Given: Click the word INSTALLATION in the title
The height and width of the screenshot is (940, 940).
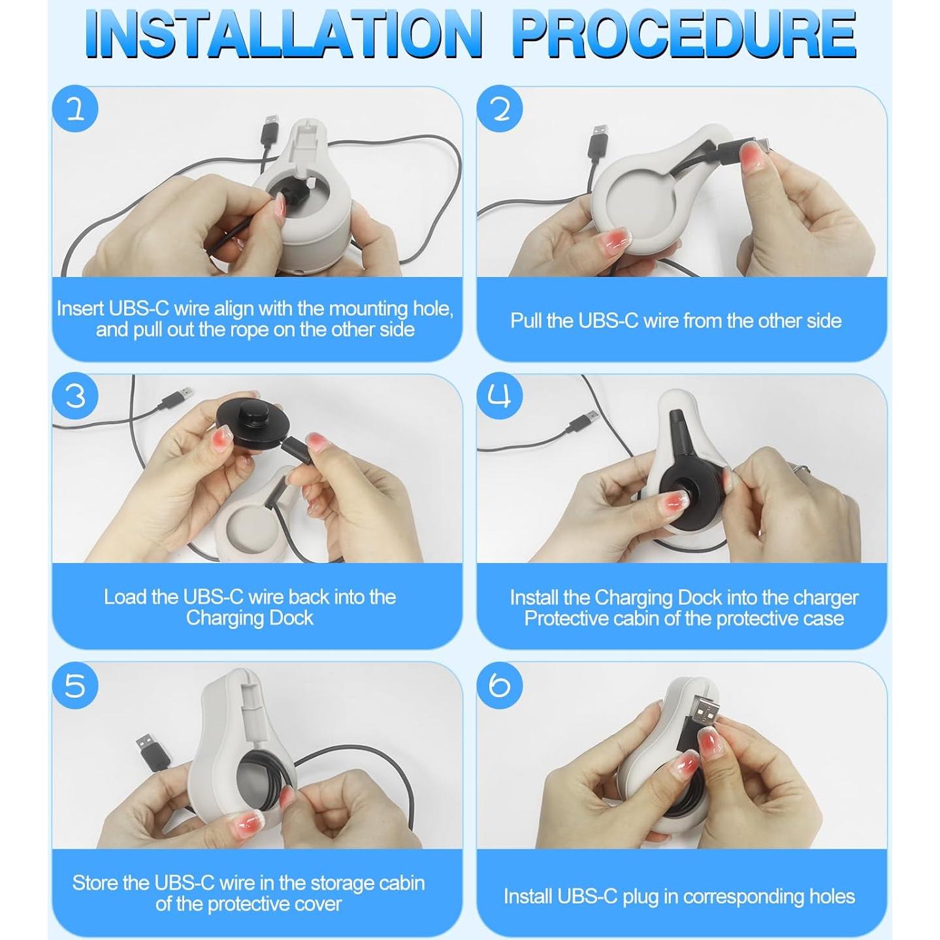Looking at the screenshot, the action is pyautogui.click(x=284, y=35).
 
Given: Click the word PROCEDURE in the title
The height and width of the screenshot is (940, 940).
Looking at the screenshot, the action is pyautogui.click(x=685, y=35).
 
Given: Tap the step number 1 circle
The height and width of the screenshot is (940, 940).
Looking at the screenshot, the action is pyautogui.click(x=75, y=109).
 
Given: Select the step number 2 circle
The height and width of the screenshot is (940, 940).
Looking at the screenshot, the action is pyautogui.click(x=500, y=109).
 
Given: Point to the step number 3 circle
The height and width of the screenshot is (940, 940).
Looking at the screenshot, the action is pyautogui.click(x=75, y=396).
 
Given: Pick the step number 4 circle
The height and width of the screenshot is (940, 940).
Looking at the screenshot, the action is pyautogui.click(x=500, y=396).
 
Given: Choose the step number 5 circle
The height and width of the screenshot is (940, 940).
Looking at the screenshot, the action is pyautogui.click(x=75, y=685).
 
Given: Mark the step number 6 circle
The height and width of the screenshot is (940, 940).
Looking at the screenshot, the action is pyautogui.click(x=500, y=685).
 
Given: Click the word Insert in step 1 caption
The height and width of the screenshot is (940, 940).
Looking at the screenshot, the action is pyautogui.click(x=80, y=309).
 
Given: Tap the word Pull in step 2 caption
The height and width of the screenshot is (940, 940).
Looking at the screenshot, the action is pyautogui.click(x=525, y=321).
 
